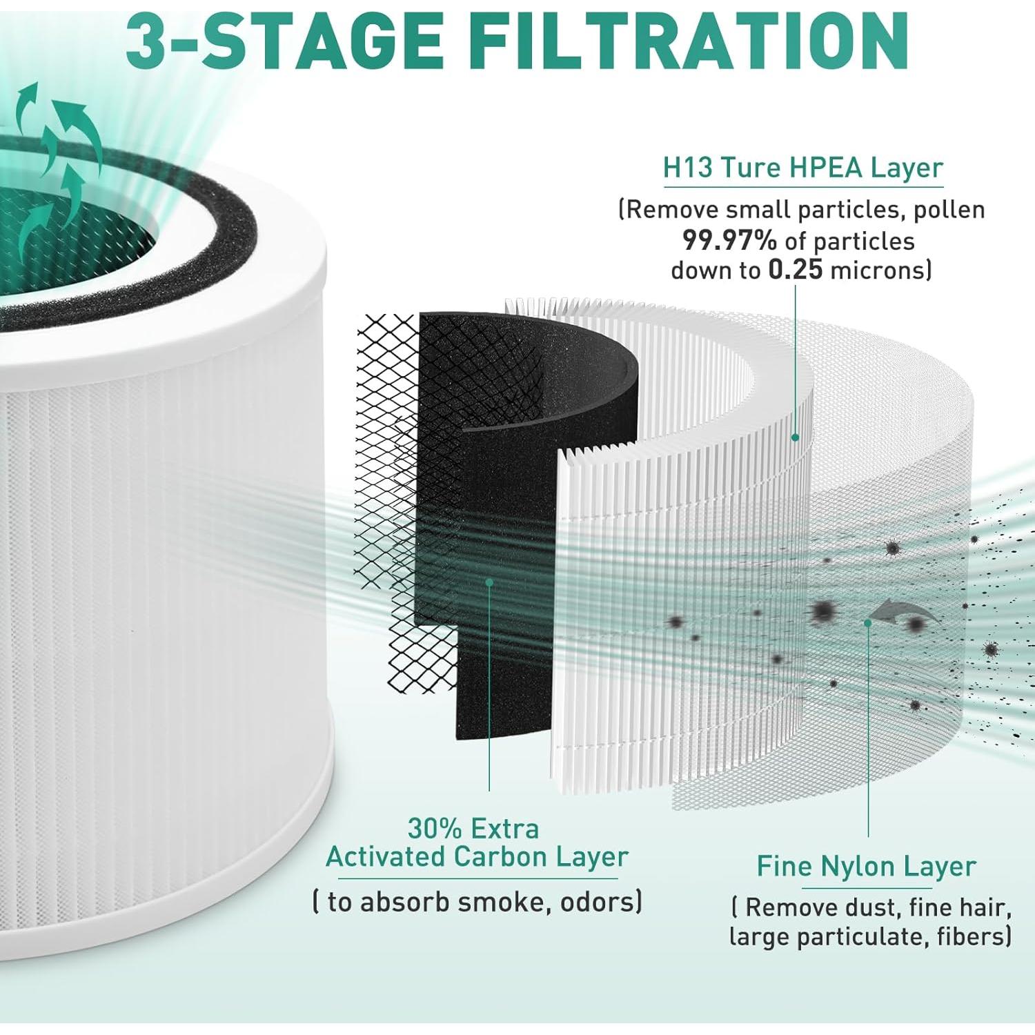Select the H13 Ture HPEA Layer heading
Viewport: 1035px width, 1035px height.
[x=802, y=168]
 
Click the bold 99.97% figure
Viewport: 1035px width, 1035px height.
[x=729, y=241]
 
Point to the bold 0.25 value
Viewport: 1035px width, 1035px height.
[x=795, y=270]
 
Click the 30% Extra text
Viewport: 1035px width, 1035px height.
[x=473, y=828]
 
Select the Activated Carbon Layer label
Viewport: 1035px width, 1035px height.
[x=477, y=857]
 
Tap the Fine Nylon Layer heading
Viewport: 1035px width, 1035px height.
[x=866, y=867]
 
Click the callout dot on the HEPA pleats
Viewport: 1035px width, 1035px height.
[x=795, y=437]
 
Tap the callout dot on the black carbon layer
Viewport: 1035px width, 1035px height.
[x=489, y=582]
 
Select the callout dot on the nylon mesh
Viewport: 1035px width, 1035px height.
[x=868, y=622]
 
